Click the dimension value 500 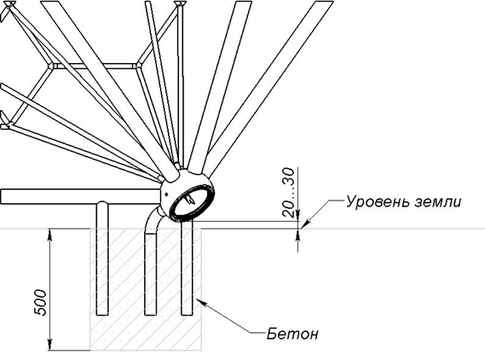[40, 303]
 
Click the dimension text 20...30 [289, 192]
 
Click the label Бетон [292, 334]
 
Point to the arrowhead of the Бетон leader [199, 301]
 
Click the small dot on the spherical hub [167, 195]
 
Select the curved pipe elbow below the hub [152, 220]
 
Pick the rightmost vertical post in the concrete [187, 268]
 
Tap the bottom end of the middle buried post [151, 315]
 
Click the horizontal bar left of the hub [81, 196]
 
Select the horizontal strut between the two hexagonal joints [95, 66]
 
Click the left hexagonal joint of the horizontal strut [51, 66]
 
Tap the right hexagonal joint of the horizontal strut [138, 66]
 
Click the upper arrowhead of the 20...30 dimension [297, 216]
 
